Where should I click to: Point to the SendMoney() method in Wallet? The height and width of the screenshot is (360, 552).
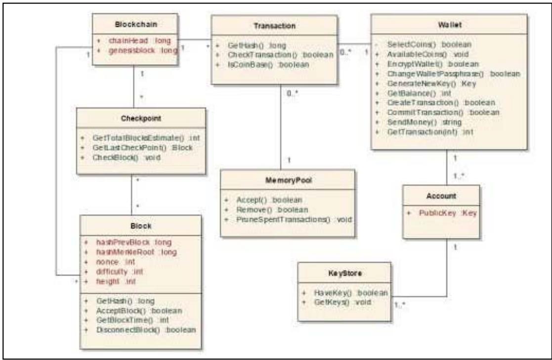coord(425,122)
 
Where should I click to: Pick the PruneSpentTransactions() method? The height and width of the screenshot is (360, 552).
coord(296,219)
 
